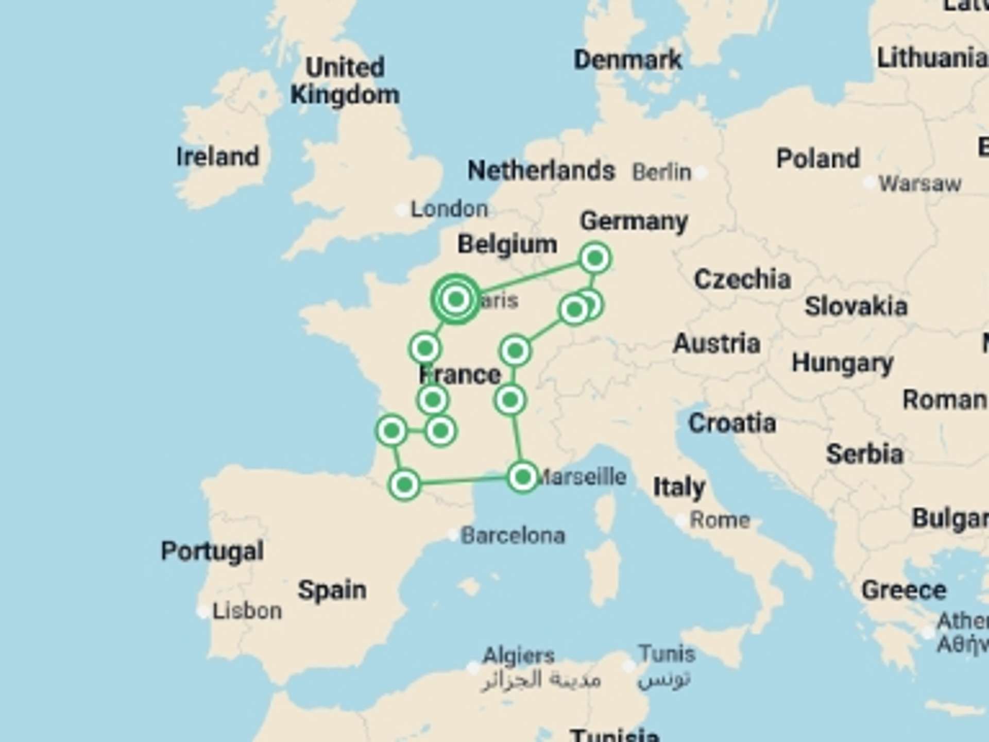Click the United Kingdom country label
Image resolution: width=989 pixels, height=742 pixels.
click(x=345, y=81)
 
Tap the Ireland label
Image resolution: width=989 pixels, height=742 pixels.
click(x=217, y=157)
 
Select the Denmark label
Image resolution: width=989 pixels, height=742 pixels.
click(x=627, y=60)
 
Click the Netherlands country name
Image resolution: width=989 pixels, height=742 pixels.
click(x=541, y=170)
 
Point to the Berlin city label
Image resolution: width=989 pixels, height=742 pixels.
click(x=661, y=172)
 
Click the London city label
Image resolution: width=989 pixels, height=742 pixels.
click(x=449, y=209)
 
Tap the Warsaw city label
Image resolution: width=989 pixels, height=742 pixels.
click(x=919, y=183)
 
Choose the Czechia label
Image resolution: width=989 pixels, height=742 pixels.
click(x=742, y=279)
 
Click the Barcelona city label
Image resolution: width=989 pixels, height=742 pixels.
click(x=513, y=536)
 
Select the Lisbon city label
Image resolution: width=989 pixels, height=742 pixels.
click(x=247, y=611)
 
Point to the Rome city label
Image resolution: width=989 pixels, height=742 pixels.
click(x=719, y=520)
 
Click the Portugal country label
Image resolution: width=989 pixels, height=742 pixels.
click(x=212, y=551)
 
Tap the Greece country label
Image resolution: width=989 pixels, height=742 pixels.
click(x=903, y=590)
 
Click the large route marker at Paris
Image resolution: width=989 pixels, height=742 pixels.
click(x=456, y=299)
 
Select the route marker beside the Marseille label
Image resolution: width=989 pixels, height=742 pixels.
click(x=523, y=477)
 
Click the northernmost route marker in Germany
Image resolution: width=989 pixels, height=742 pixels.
click(x=595, y=258)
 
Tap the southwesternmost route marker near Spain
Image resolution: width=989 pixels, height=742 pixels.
click(x=404, y=484)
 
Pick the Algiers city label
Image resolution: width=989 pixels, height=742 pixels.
click(x=518, y=656)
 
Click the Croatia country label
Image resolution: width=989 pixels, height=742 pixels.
click(x=732, y=424)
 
